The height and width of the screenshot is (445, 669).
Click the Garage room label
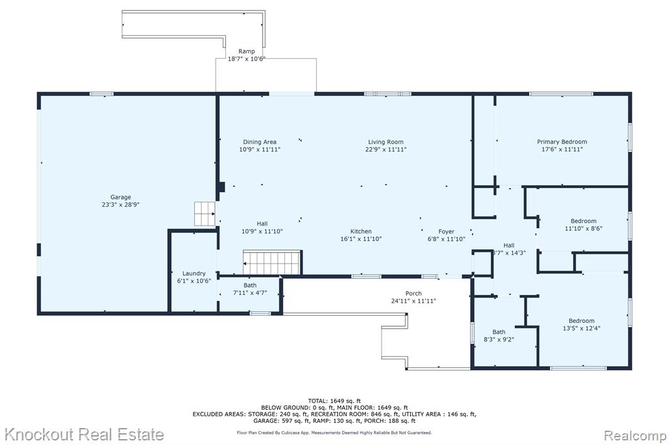tap(121, 197)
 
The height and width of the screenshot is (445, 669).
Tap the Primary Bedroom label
tap(562, 142)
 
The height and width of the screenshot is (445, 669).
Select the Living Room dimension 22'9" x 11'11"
tap(385, 149)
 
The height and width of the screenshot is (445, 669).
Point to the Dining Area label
tap(259, 142)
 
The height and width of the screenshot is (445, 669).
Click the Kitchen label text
tap(361, 231)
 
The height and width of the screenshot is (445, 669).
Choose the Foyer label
tap(446, 232)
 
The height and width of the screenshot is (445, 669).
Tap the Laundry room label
tap(194, 273)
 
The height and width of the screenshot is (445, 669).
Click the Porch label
tap(414, 293)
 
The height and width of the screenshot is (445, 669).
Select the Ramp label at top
tap(246, 51)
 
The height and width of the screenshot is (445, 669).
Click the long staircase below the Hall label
tap(272, 262)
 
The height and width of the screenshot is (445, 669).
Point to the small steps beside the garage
tap(205, 213)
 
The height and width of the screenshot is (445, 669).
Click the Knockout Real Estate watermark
tap(84, 435)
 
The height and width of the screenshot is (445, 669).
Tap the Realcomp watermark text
tap(635, 436)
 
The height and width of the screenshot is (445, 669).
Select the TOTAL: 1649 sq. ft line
tap(334, 401)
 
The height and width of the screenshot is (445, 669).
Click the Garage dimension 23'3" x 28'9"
tap(121, 205)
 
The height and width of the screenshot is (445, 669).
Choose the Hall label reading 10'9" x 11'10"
tap(262, 228)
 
